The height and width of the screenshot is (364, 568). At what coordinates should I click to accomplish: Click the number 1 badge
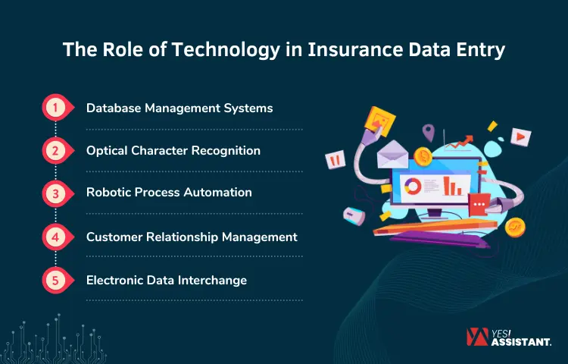pyautogui.click(x=55, y=108)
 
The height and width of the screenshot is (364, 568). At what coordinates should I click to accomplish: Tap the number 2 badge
pyautogui.click(x=55, y=151)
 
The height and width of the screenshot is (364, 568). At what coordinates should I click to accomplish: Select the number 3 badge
pyautogui.click(x=55, y=193)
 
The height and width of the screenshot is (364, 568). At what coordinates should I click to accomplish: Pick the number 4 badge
pyautogui.click(x=55, y=237)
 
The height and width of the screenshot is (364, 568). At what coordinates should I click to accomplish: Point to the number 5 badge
pyautogui.click(x=55, y=280)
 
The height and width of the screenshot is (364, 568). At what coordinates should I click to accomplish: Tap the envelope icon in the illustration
pyautogui.click(x=394, y=155)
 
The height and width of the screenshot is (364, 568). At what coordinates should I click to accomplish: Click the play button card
pyautogui.click(x=520, y=136)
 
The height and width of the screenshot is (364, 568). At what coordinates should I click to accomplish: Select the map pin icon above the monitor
pyautogui.click(x=429, y=133)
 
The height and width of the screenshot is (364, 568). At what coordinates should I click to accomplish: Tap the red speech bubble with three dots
pyautogui.click(x=479, y=204)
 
